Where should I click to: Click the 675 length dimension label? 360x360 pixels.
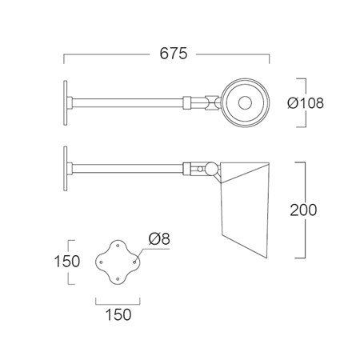pos(174,54)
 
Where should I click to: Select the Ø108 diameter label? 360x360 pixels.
pos(306,103)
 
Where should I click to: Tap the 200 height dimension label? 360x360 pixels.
pos(303,210)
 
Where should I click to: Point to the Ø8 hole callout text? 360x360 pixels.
pos(159,238)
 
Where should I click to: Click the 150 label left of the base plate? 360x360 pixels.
pos(67,261)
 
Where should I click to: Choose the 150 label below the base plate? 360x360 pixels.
pos(118,314)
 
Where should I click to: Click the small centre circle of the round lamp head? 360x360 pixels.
pos(245,103)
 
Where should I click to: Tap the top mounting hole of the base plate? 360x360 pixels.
pos(118,245)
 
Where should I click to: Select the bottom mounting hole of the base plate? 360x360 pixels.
pos(118,279)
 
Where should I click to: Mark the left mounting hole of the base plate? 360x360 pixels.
pos(101,262)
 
